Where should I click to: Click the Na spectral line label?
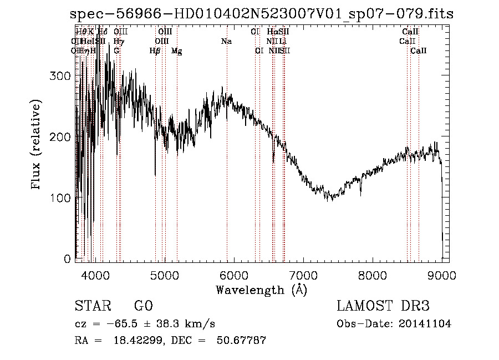pyautogui.click(x=226, y=42)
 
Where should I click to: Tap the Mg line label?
pyautogui.click(x=177, y=51)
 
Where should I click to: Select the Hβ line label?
pyautogui.click(x=155, y=51)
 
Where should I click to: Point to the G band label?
pyautogui.click(x=116, y=51)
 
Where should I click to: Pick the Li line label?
pyautogui.click(x=283, y=42)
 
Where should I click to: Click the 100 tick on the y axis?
pyautogui.click(x=61, y=198)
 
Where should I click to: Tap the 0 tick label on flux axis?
pyautogui.click(x=67, y=259)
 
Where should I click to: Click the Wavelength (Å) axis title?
pyautogui.click(x=261, y=290)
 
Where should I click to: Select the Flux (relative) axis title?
pyautogui.click(x=37, y=145)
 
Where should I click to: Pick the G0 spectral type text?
pyautogui.click(x=143, y=306)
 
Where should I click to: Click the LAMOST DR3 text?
pyautogui.click(x=383, y=306)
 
